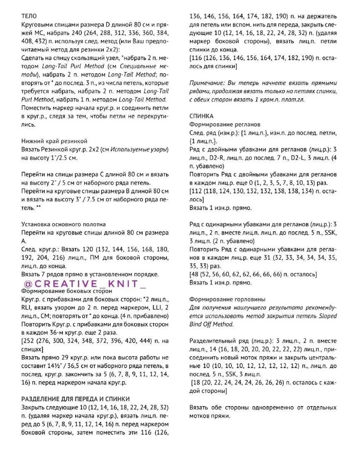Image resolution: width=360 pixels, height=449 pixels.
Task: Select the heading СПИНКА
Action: (x=201, y=116)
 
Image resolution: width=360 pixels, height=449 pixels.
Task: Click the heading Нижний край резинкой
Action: (x=54, y=141)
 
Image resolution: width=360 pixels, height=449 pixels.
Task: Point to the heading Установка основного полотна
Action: (x=63, y=224)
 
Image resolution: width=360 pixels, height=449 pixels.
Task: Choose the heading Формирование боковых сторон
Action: (x=61, y=291)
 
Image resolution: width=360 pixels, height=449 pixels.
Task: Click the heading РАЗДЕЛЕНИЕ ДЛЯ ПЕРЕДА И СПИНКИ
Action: (x=75, y=399)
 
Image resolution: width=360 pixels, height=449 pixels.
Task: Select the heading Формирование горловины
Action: (x=227, y=299)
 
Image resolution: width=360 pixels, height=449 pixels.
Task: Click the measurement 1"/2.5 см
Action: (x=62, y=158)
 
